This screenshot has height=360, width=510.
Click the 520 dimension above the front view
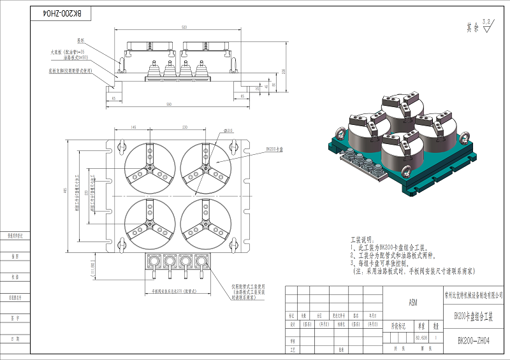tap(184, 28)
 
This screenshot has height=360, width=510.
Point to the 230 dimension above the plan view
tap(185, 128)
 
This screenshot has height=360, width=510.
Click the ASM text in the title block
tap(412, 304)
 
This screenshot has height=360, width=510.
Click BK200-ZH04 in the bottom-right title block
tap(474, 341)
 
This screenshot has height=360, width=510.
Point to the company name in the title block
tap(474, 294)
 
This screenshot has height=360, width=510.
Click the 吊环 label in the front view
tap(81, 40)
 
